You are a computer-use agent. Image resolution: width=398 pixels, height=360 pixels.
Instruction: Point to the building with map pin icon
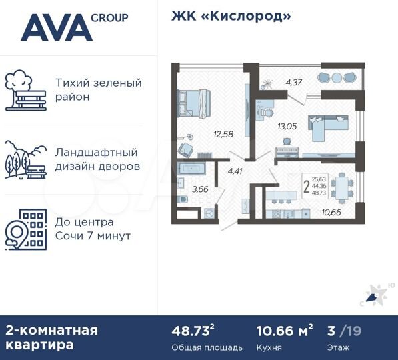point(26,228)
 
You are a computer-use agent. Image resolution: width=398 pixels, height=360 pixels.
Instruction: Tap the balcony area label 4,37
point(293,83)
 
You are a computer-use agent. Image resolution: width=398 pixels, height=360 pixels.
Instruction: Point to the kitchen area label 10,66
point(331,213)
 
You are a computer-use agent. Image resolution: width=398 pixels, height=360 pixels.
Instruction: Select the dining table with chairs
point(343,187)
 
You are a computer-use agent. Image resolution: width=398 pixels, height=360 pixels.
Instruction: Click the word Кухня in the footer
point(269,347)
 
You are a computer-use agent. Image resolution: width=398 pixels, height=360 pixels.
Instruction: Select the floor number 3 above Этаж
point(331,331)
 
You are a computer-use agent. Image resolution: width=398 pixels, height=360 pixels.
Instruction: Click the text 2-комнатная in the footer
point(52,330)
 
